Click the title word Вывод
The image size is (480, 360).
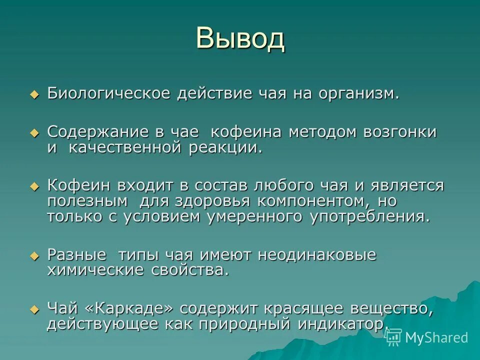[x=240, y=38]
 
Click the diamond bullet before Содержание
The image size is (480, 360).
[x=34, y=133]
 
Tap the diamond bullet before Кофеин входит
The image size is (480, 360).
[x=34, y=186]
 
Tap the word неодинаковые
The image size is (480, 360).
[x=316, y=254]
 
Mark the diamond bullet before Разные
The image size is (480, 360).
[x=34, y=255]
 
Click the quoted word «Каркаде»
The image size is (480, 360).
[x=132, y=308]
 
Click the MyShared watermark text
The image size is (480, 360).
[x=436, y=337]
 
